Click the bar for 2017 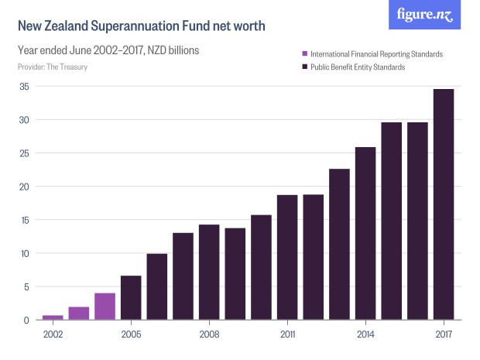[x=444, y=204]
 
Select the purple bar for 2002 [x=53, y=317]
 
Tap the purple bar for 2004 [x=105, y=307]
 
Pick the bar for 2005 [x=131, y=298]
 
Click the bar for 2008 [x=209, y=273]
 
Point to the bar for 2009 [x=235, y=274]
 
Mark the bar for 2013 [x=339, y=245]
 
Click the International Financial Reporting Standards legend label [x=376, y=54]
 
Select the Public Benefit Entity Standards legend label [x=358, y=67]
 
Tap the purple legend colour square [x=305, y=54]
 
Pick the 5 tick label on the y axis [x=26, y=286]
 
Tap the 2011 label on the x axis [x=287, y=334]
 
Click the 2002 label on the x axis [x=53, y=334]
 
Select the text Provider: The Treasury [x=52, y=67]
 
